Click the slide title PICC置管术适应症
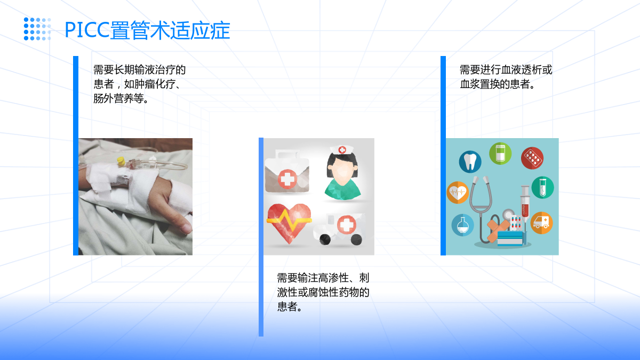point(147,30)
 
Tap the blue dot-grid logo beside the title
point(37,29)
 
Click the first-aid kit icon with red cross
point(287,171)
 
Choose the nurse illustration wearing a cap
point(342,173)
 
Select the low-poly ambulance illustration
point(339,229)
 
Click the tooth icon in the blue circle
point(470,162)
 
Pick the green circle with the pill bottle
point(500,154)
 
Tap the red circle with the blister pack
point(532,158)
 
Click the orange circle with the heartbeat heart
point(458,193)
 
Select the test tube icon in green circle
point(542,187)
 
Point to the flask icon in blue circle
point(462,225)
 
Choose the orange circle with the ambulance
point(541,223)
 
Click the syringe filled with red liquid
point(525,203)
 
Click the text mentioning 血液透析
point(506,77)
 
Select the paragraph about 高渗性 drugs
point(323,292)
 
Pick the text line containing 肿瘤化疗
point(137,84)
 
